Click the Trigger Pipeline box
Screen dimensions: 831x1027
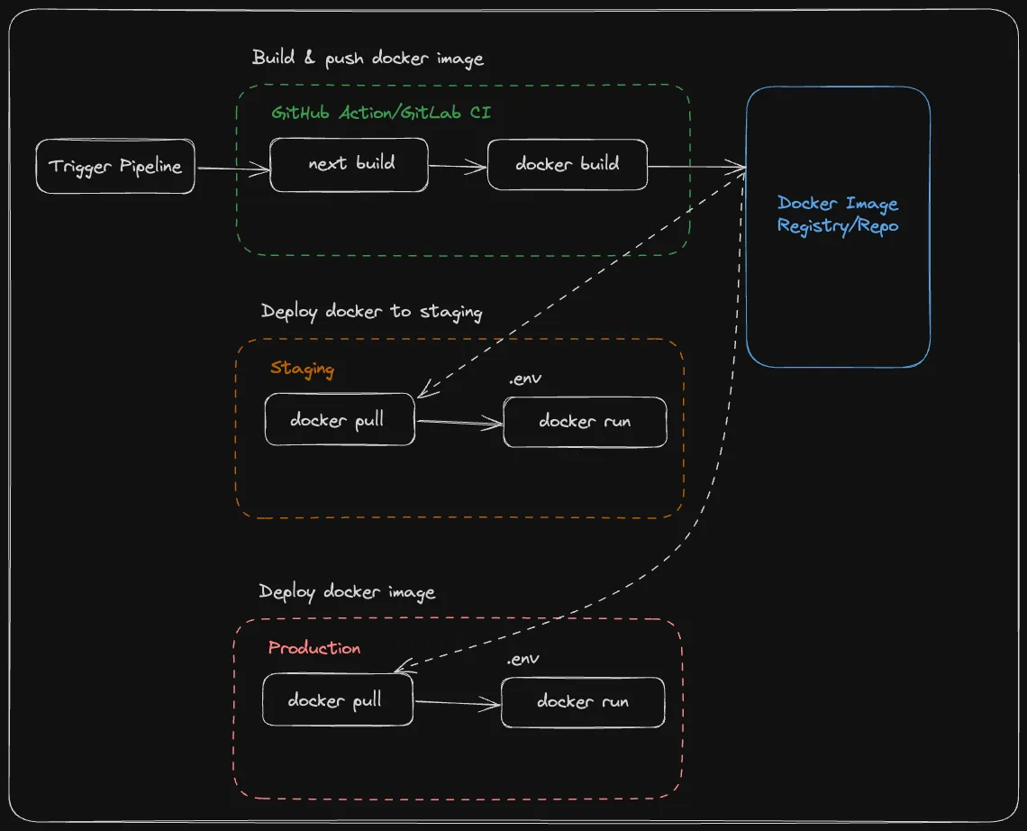click(115, 166)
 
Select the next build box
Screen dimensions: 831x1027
click(350, 164)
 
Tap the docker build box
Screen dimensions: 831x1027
click(568, 164)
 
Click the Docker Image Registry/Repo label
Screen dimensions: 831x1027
click(838, 215)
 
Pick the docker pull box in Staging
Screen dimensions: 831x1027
click(339, 420)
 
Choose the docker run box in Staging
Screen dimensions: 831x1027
click(585, 421)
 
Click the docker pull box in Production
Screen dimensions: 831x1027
click(337, 699)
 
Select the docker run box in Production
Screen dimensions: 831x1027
click(583, 701)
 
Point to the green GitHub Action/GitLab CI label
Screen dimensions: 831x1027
click(381, 113)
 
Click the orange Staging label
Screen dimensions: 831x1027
click(302, 369)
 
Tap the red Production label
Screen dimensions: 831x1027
click(314, 648)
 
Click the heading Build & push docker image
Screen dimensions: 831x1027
click(368, 59)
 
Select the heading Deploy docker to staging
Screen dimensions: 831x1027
click(371, 312)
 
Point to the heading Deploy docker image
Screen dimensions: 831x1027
click(347, 592)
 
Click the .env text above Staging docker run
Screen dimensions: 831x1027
click(524, 379)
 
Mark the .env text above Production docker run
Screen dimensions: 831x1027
click(523, 659)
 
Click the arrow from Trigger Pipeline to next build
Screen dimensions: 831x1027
click(232, 169)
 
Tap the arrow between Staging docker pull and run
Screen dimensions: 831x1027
click(459, 422)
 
